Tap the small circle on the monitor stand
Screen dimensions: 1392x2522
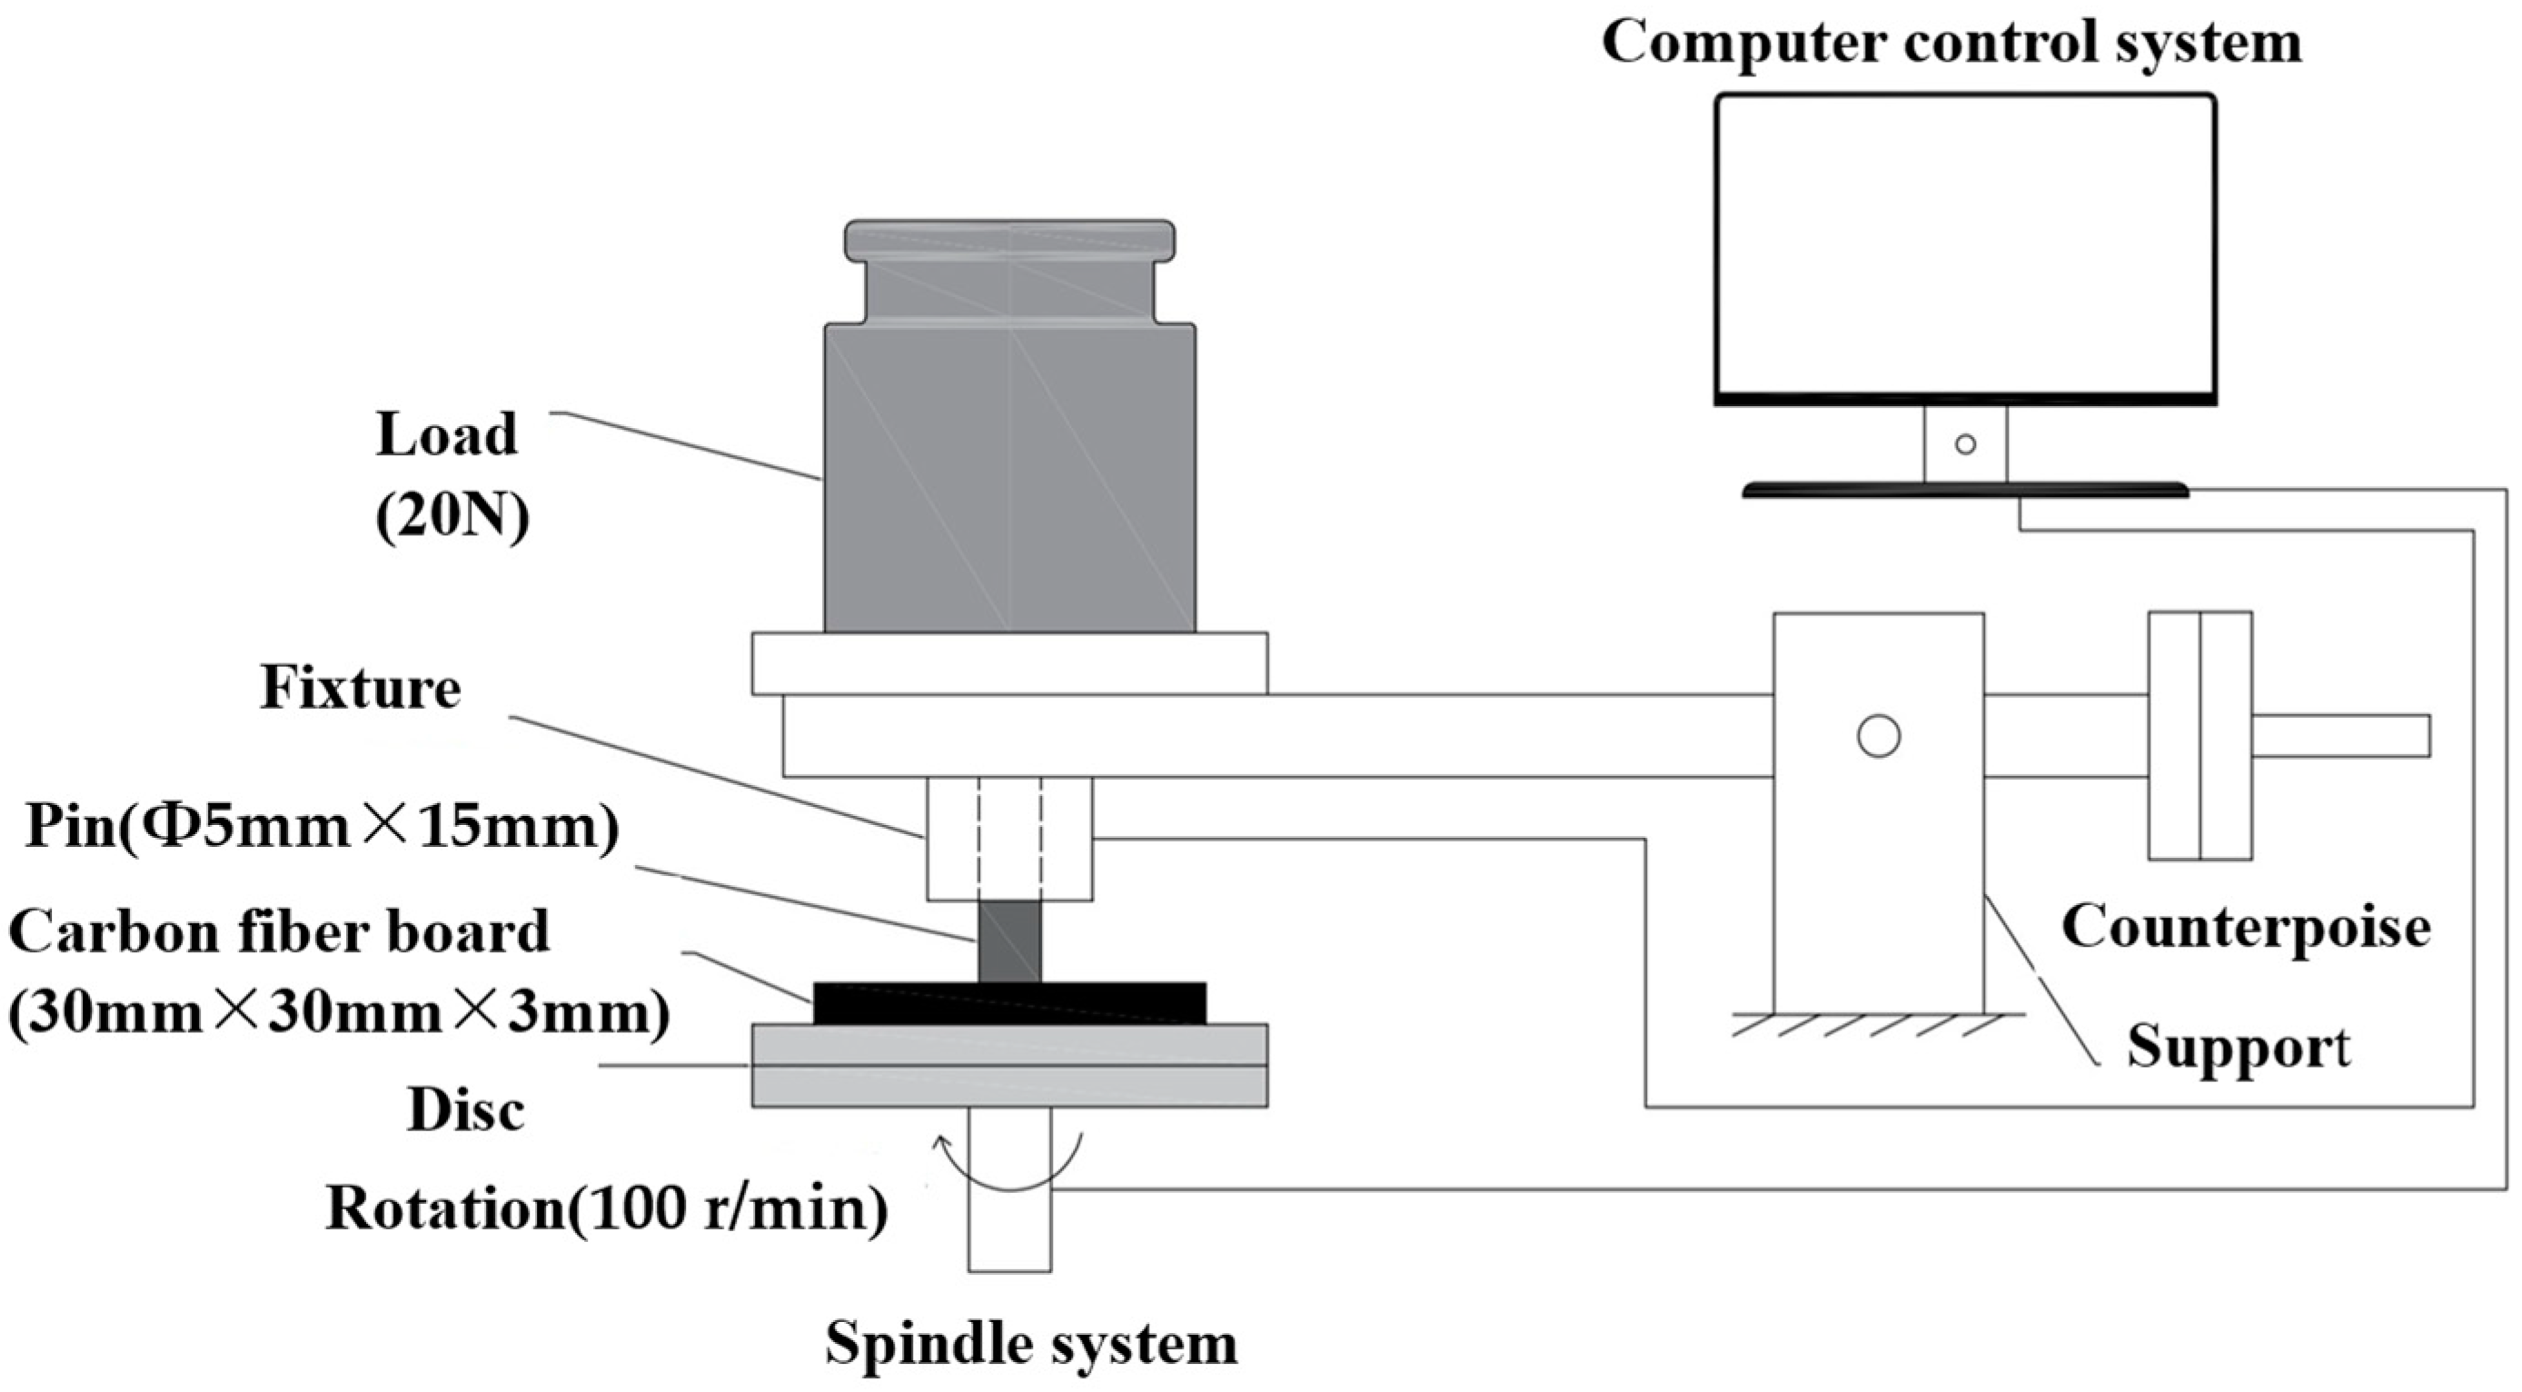click(1965, 444)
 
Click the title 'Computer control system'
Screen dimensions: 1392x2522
click(1951, 43)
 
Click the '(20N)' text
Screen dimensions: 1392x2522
click(452, 516)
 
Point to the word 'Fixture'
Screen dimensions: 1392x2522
click(361, 688)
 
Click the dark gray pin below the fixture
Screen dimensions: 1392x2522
click(1009, 941)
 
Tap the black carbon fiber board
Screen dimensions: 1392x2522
click(1009, 1003)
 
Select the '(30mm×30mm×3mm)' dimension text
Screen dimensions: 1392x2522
click(339, 1013)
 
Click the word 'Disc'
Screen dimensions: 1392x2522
click(466, 1111)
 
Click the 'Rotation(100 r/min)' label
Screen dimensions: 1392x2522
click(607, 1210)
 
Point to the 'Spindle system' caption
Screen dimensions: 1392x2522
click(1031, 1343)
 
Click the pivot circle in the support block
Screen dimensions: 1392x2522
click(1878, 736)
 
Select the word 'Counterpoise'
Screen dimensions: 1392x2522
click(2245, 926)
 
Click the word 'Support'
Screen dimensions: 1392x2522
click(2238, 1047)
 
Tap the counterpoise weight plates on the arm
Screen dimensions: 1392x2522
click(2199, 736)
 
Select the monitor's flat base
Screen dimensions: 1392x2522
click(1965, 491)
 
